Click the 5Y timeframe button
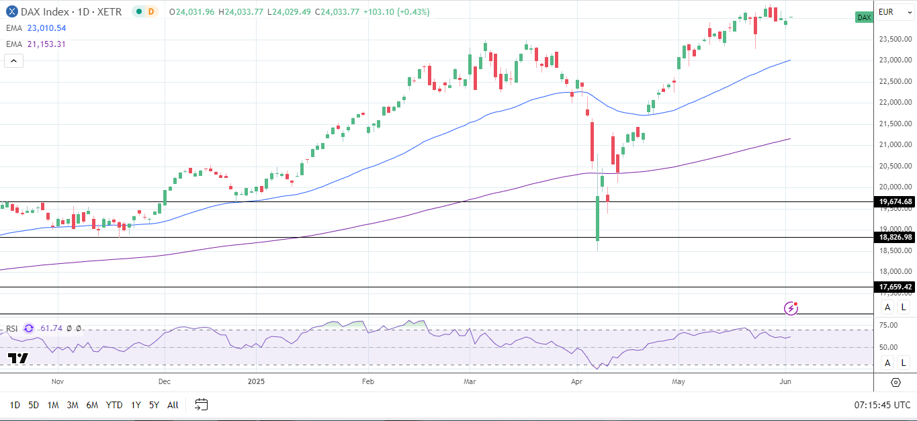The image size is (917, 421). [154, 405]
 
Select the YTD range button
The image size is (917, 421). [114, 405]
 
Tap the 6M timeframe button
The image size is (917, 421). [92, 405]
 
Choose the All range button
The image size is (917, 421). [173, 405]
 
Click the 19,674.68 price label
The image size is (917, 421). [896, 201]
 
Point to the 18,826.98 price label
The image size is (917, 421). [896, 237]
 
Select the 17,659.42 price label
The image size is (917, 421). [896, 287]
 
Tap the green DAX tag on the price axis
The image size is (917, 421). [864, 17]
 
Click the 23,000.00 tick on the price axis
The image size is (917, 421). [896, 60]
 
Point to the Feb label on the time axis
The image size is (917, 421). [367, 381]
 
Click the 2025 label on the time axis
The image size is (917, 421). [257, 381]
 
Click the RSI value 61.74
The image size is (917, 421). [51, 328]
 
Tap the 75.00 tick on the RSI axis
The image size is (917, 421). [888, 326]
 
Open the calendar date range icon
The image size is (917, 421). [202, 405]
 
